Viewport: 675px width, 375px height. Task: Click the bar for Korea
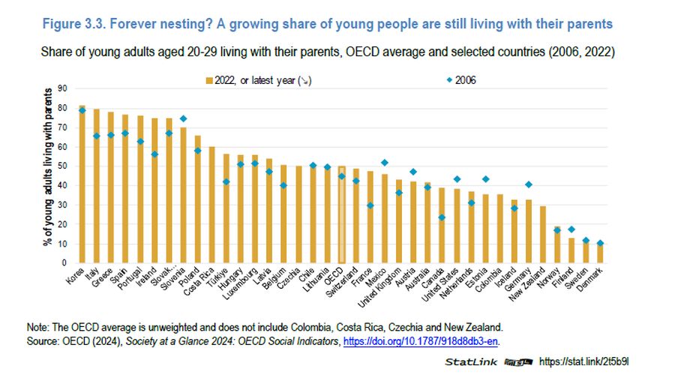(82, 184)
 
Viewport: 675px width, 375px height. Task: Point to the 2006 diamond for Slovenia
(183, 118)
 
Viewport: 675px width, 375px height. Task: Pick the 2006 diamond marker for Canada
(441, 217)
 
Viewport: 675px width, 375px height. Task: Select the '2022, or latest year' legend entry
(254, 79)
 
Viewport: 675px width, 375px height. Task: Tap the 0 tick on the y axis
(64, 263)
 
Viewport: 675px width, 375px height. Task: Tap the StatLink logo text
(469, 361)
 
